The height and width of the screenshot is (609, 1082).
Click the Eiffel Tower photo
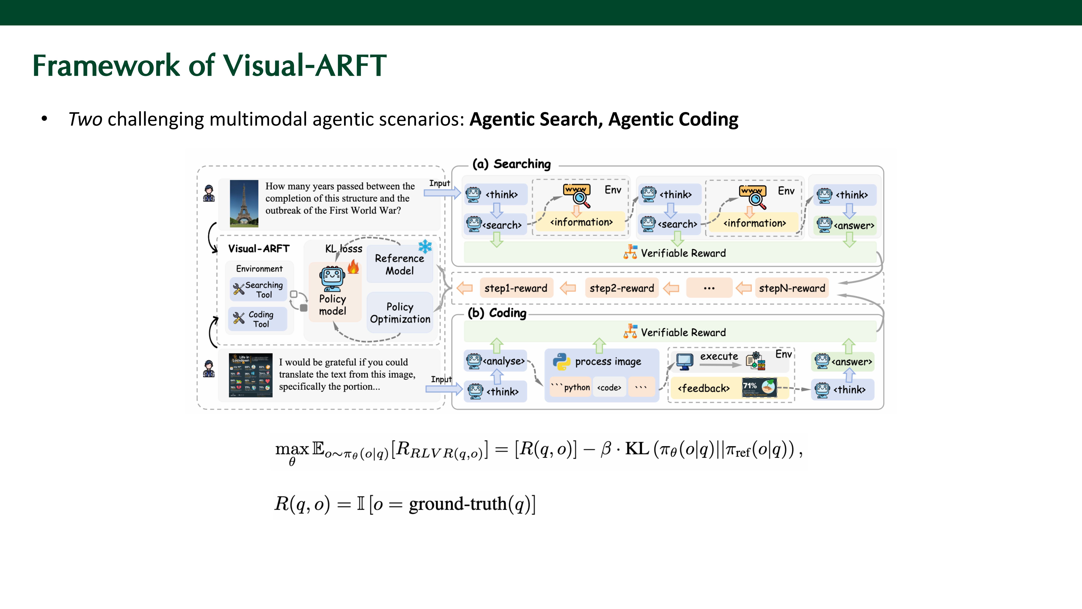(x=244, y=203)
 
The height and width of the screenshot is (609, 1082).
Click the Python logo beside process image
(x=561, y=361)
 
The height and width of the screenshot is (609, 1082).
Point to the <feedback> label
(x=703, y=388)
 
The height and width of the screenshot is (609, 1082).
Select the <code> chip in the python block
(x=609, y=388)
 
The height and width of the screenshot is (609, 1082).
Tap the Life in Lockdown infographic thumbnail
(x=250, y=375)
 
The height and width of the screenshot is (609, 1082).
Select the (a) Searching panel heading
(x=511, y=164)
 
